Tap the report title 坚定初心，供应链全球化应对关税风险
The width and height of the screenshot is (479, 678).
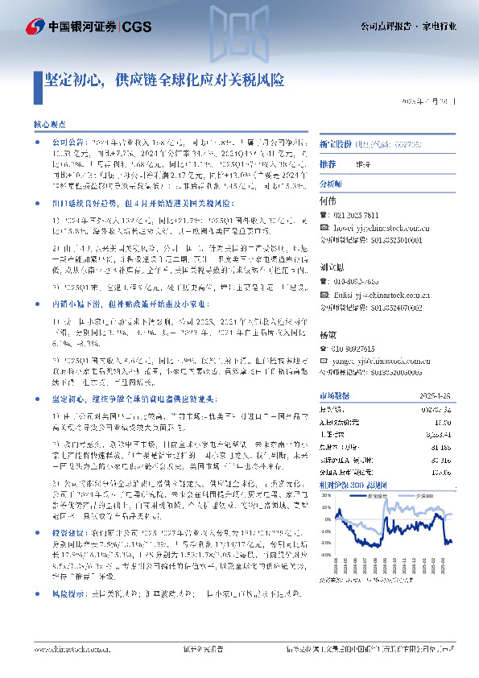pyautogui.click(x=163, y=81)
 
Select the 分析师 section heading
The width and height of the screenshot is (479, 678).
pyautogui.click(x=332, y=184)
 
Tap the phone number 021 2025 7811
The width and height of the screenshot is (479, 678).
pyautogui.click(x=357, y=216)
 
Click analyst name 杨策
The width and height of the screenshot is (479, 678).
pyautogui.click(x=328, y=334)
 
